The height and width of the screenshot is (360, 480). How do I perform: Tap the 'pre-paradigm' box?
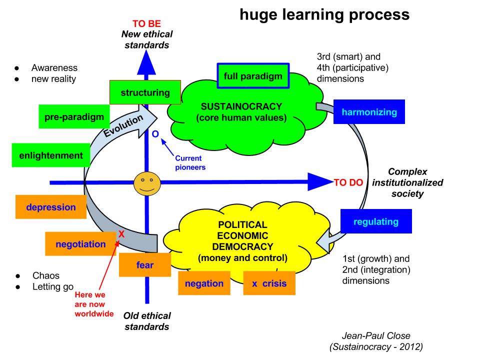[x=73, y=117]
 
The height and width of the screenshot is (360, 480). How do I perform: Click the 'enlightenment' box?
[x=51, y=155]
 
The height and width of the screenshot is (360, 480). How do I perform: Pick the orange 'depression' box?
[x=51, y=207]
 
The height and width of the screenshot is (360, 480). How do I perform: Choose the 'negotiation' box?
[x=81, y=244]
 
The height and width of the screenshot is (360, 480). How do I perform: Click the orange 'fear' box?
[x=145, y=265]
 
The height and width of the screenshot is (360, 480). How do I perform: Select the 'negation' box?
[x=204, y=283]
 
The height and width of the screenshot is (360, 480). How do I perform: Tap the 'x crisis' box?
[x=269, y=283]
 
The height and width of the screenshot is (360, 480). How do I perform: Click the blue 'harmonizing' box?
[x=369, y=112]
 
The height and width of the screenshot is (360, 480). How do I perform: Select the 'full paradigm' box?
[x=253, y=76]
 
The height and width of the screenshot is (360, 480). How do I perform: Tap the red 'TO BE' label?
[x=146, y=23]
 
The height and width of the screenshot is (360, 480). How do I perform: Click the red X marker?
[x=121, y=233]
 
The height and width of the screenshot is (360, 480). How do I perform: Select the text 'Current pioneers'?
[x=190, y=162]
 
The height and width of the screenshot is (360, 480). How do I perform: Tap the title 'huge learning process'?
[x=324, y=15]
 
